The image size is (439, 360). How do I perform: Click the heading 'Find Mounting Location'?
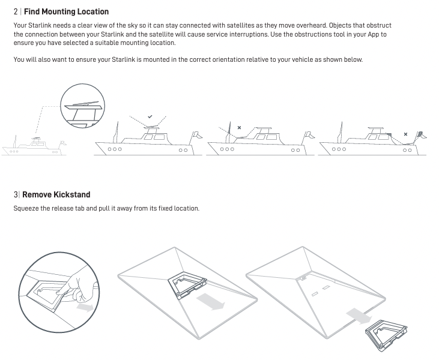click(x=66, y=11)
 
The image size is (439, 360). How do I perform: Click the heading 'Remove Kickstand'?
click(x=56, y=194)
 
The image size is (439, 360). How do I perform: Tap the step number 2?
click(x=16, y=11)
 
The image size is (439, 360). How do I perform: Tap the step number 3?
click(x=16, y=194)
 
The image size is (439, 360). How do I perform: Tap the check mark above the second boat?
click(x=150, y=116)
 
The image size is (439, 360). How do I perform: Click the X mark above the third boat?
click(x=239, y=128)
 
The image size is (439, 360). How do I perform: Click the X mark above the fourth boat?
click(x=405, y=134)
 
